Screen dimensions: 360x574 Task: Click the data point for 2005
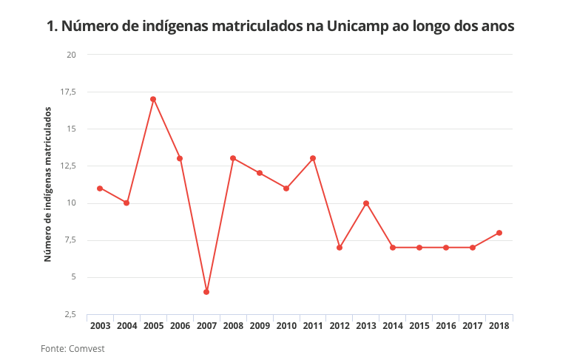pos(153,99)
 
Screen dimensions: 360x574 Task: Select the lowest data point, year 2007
pos(206,292)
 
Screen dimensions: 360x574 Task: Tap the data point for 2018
pos(499,233)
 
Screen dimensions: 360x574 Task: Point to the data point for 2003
pos(100,188)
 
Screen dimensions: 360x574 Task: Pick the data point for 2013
pos(366,203)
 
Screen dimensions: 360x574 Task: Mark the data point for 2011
pos(313,158)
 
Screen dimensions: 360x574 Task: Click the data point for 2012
pos(340,248)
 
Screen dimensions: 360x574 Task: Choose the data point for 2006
pos(180,158)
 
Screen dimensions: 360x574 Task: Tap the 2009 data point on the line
pos(260,173)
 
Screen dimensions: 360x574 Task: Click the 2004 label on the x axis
pos(126,325)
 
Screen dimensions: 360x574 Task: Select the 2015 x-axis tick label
pos(419,325)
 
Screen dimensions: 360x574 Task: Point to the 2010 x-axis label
pos(286,325)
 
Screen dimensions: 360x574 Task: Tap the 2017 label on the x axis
pos(473,325)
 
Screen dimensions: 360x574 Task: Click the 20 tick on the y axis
pos(71,55)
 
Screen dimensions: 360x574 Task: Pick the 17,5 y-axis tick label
pos(68,92)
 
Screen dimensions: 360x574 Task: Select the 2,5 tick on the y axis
pos(70,314)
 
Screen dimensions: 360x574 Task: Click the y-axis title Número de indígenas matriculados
pos(47,184)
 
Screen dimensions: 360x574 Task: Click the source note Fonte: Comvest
pos(72,348)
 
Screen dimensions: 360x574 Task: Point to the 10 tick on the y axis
pos(71,203)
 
